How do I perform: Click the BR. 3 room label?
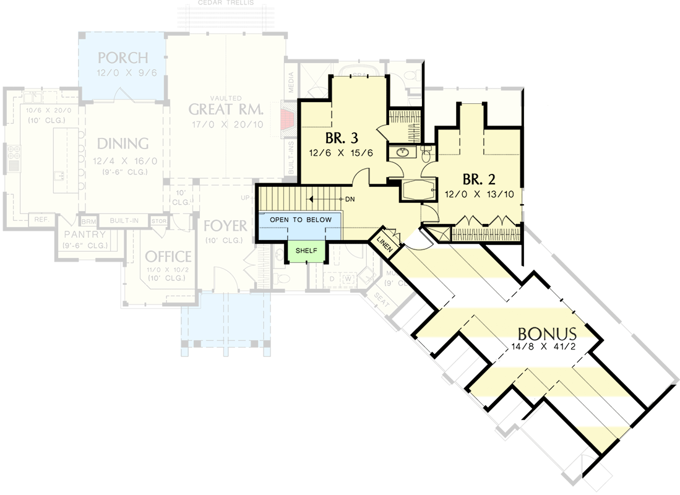click(x=342, y=137)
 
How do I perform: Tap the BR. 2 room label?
click(x=479, y=179)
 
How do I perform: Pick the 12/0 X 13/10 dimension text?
click(x=480, y=194)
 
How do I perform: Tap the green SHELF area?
click(x=306, y=250)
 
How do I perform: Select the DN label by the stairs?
click(x=350, y=199)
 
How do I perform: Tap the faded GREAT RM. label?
click(x=226, y=110)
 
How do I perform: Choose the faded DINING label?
click(x=123, y=144)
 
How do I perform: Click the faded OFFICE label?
click(x=168, y=256)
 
